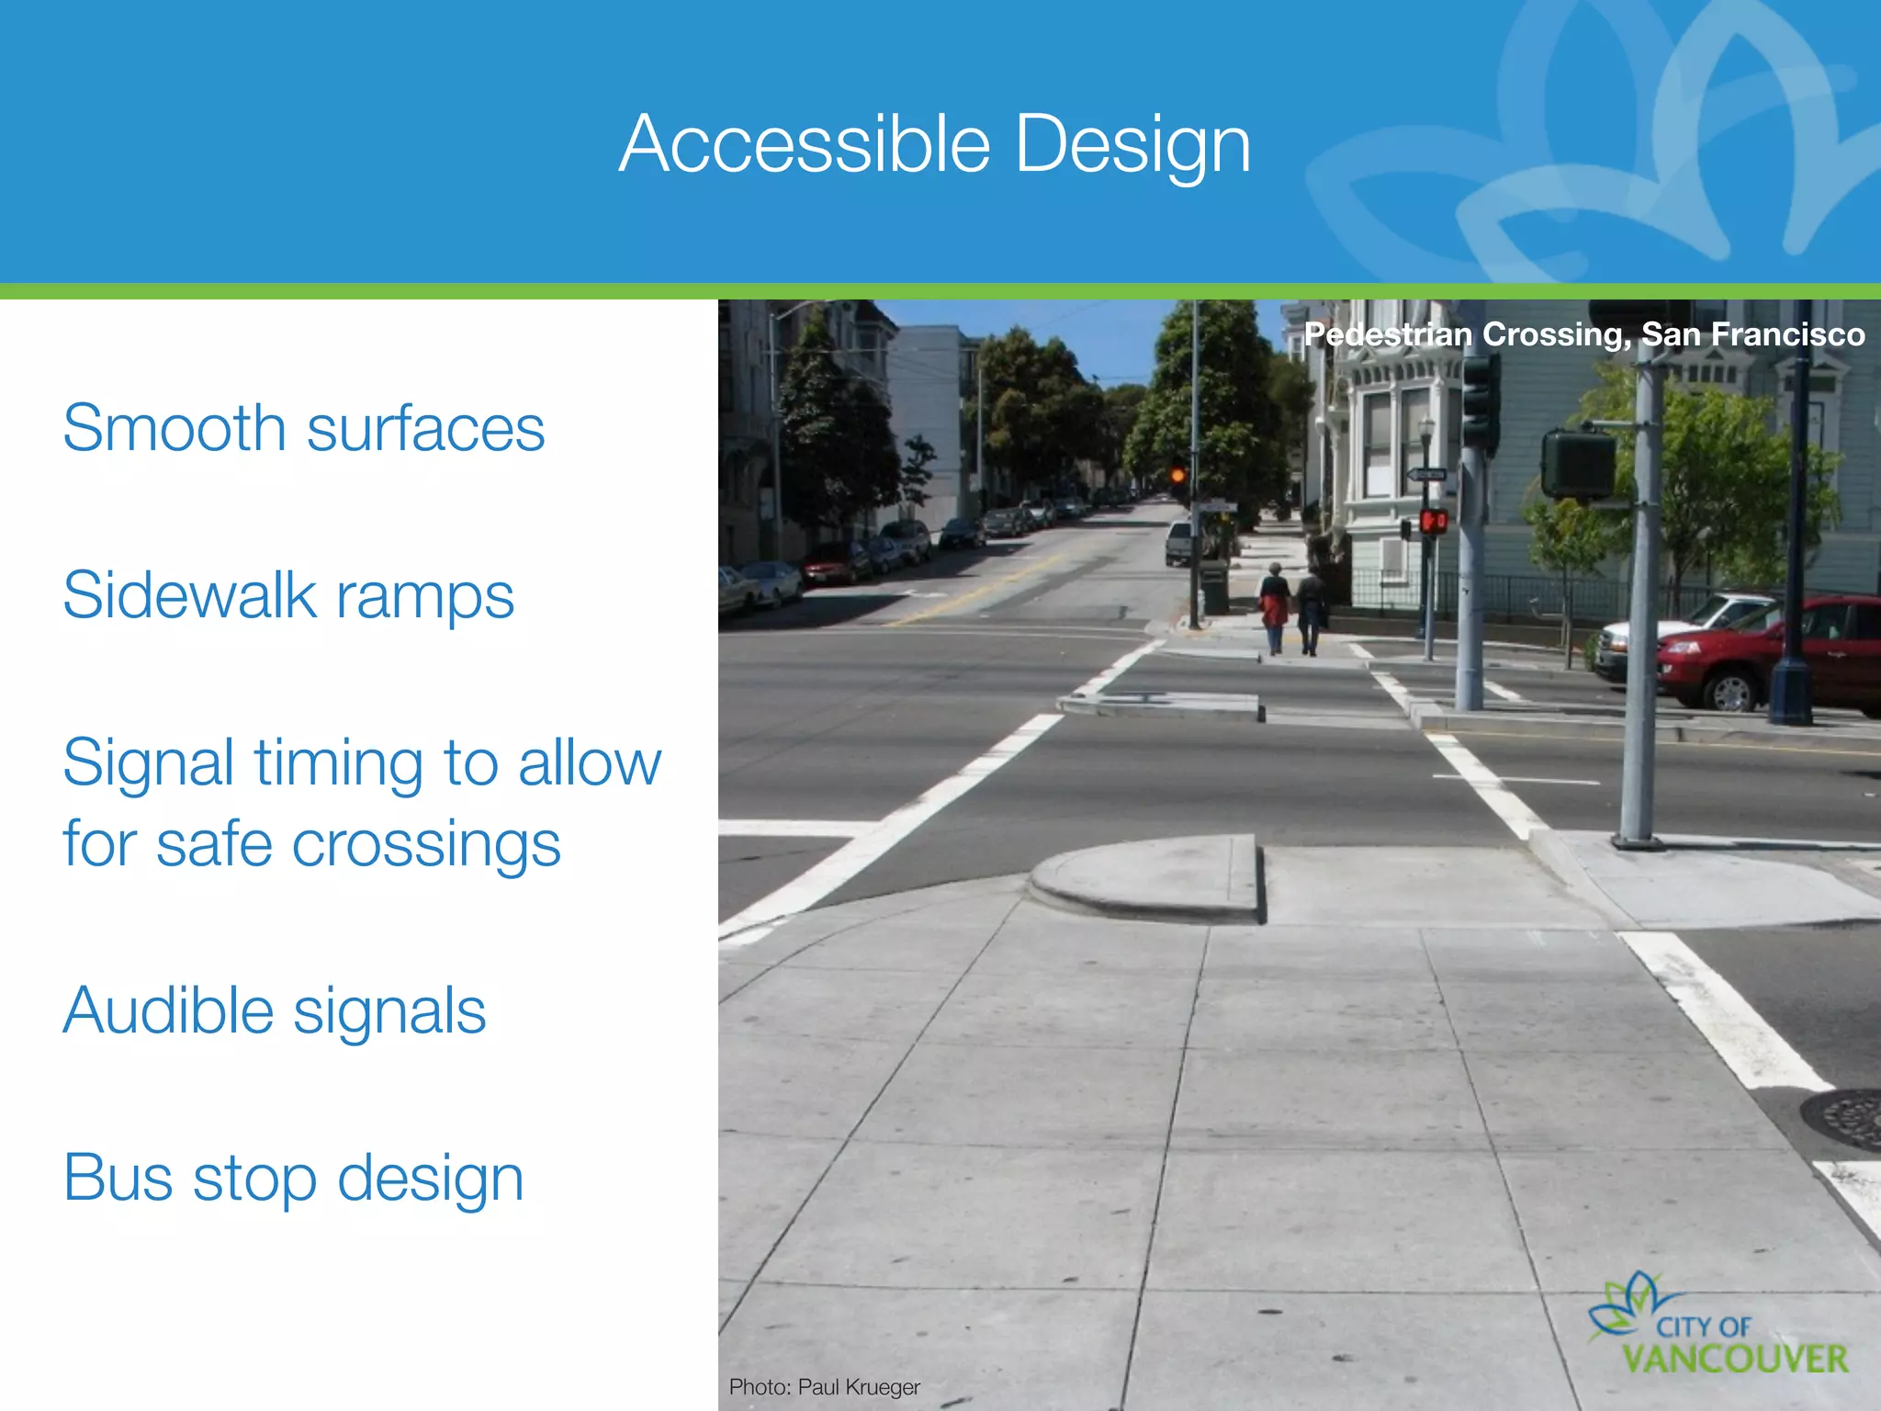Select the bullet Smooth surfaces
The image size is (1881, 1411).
303,428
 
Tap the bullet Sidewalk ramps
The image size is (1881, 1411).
287,595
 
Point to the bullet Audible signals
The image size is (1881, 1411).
274,1010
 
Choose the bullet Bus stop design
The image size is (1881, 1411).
293,1178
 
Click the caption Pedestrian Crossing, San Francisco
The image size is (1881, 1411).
1583,334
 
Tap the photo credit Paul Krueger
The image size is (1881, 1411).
824,1386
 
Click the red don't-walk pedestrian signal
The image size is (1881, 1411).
1433,522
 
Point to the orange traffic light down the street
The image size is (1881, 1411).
1177,475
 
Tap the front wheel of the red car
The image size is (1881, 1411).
1732,691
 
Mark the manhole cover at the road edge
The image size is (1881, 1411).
1846,1119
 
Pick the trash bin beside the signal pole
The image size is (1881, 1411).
1214,588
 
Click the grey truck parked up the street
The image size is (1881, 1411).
1179,542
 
